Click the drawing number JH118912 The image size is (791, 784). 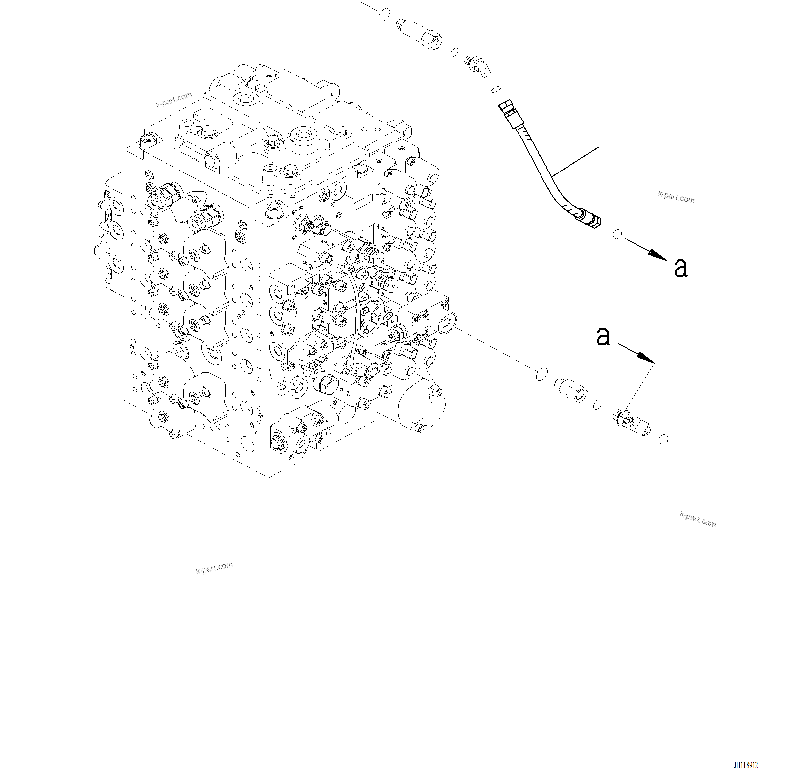pos(746,765)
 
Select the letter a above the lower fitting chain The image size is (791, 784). pos(603,336)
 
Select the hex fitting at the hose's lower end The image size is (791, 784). pos(589,219)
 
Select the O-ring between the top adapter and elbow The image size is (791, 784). pos(454,52)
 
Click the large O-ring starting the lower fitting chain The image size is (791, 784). pos(542,374)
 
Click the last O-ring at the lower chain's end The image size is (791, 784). pos(663,439)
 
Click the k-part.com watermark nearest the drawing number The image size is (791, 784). pos(698,519)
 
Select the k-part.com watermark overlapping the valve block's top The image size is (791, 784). pos(173,100)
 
